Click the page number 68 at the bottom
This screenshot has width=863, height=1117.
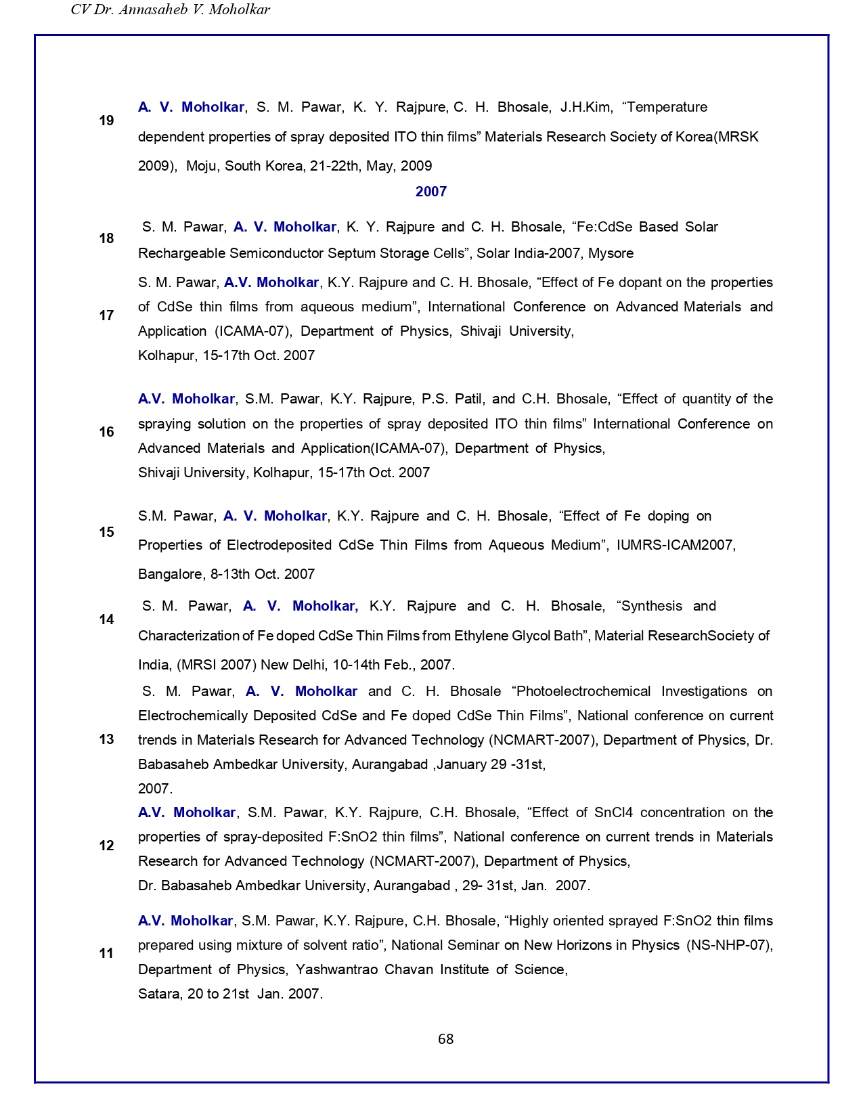click(445, 1039)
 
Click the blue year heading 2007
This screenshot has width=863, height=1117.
click(431, 192)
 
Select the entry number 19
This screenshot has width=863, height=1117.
click(106, 121)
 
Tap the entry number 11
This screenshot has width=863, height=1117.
click(106, 953)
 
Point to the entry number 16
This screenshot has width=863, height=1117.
click(106, 432)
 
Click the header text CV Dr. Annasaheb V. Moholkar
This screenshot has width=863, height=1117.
click(171, 9)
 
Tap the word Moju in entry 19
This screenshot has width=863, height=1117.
click(202, 166)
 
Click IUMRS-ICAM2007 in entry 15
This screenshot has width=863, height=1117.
click(676, 545)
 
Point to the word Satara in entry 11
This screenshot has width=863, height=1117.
click(158, 994)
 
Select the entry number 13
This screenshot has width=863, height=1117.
click(106, 739)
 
